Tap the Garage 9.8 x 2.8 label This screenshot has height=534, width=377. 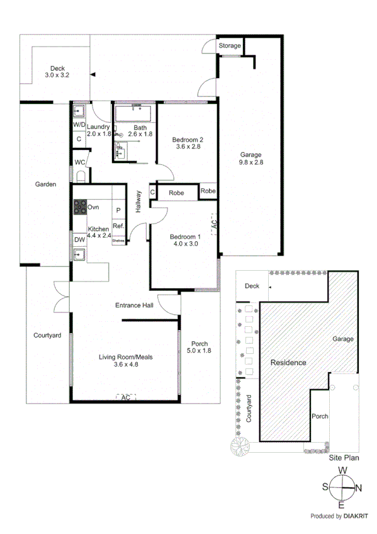[250, 158]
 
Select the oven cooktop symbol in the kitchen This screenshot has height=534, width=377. [81, 207]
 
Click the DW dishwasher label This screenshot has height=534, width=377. [79, 239]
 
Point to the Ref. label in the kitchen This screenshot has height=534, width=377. [118, 226]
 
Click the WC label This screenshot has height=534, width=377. [79, 162]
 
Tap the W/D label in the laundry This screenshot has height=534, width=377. [79, 125]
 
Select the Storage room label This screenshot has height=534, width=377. [230, 46]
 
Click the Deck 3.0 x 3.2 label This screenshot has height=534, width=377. [57, 72]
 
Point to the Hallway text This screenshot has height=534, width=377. [138, 202]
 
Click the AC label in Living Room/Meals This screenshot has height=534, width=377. [125, 397]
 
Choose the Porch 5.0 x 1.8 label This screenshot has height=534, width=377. [200, 347]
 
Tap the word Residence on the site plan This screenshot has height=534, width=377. [288, 363]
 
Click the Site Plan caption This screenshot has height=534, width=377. [344, 458]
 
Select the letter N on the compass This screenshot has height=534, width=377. [358, 487]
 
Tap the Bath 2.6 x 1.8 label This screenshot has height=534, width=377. [140, 130]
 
